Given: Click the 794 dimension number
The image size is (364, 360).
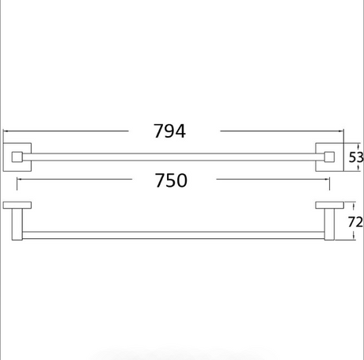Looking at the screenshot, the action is (169, 131).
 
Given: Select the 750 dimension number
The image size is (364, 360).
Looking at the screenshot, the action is (171, 180).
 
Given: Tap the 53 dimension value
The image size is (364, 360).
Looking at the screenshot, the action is (356, 157).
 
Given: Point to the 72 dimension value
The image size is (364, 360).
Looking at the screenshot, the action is (355, 222).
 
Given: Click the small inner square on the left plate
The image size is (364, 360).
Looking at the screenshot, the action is (17, 157).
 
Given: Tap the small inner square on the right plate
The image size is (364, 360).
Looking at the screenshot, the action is (329, 157).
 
